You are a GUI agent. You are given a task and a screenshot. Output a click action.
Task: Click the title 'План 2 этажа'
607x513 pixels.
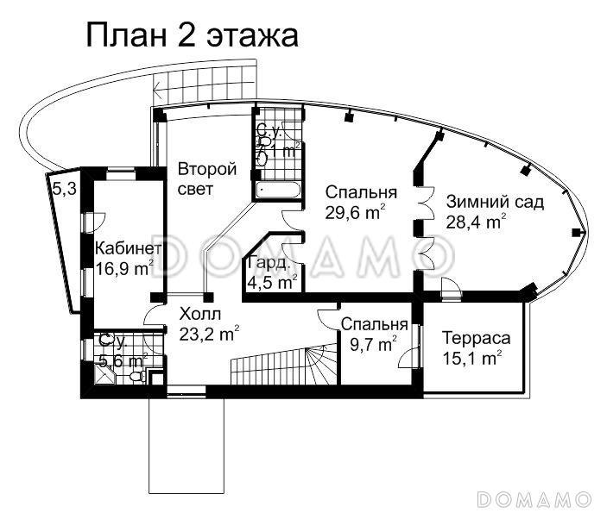pyautogui.click(x=192, y=35)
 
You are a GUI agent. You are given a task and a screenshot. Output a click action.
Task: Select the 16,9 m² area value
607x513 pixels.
pyautogui.click(x=124, y=267)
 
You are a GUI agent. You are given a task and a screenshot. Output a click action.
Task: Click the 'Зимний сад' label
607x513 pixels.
pyautogui.click(x=495, y=203)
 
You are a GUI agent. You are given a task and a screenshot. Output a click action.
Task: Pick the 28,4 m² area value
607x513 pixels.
pyautogui.click(x=476, y=222)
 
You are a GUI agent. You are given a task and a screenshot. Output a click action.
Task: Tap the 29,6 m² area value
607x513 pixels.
pyautogui.click(x=355, y=212)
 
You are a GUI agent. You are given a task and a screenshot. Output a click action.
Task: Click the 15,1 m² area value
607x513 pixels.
pyautogui.click(x=471, y=357)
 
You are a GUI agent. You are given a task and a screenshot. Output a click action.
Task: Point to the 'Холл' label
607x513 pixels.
pyautogui.click(x=200, y=312)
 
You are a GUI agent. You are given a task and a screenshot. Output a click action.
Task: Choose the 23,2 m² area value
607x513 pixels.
pyautogui.click(x=209, y=331)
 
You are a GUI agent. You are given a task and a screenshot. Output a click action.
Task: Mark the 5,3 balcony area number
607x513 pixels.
pyautogui.click(x=65, y=189)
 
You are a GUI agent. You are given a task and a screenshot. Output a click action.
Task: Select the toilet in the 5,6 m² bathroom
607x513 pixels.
pyautogui.click(x=136, y=377)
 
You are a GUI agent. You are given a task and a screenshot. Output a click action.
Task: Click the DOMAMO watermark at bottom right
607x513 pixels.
pyautogui.click(x=534, y=499)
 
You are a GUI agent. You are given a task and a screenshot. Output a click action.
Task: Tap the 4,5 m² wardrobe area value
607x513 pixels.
pyautogui.click(x=272, y=282)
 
